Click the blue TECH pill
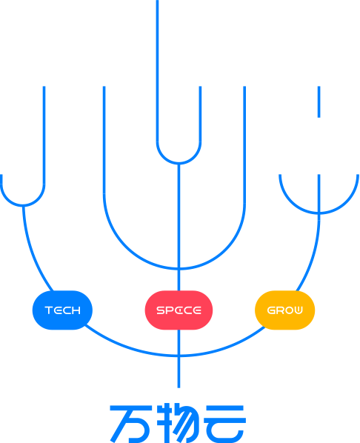coord(62,310)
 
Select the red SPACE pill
coord(179,310)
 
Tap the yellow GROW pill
coord(285,310)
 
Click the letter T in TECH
coord(49,310)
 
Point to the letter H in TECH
coord(76,310)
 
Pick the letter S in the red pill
coord(161,310)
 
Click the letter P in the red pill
coord(170,310)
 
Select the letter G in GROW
coord(271,310)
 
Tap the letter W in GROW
coord(298,310)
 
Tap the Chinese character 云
coord(225,424)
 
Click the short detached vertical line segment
coord(319,101)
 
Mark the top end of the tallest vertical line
coord(157,1)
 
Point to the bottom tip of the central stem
coord(179,387)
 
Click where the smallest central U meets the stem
coord(179,163)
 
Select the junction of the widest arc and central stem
coord(179,356)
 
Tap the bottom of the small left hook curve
coord(23,205)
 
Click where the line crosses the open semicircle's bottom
coord(319,213)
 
